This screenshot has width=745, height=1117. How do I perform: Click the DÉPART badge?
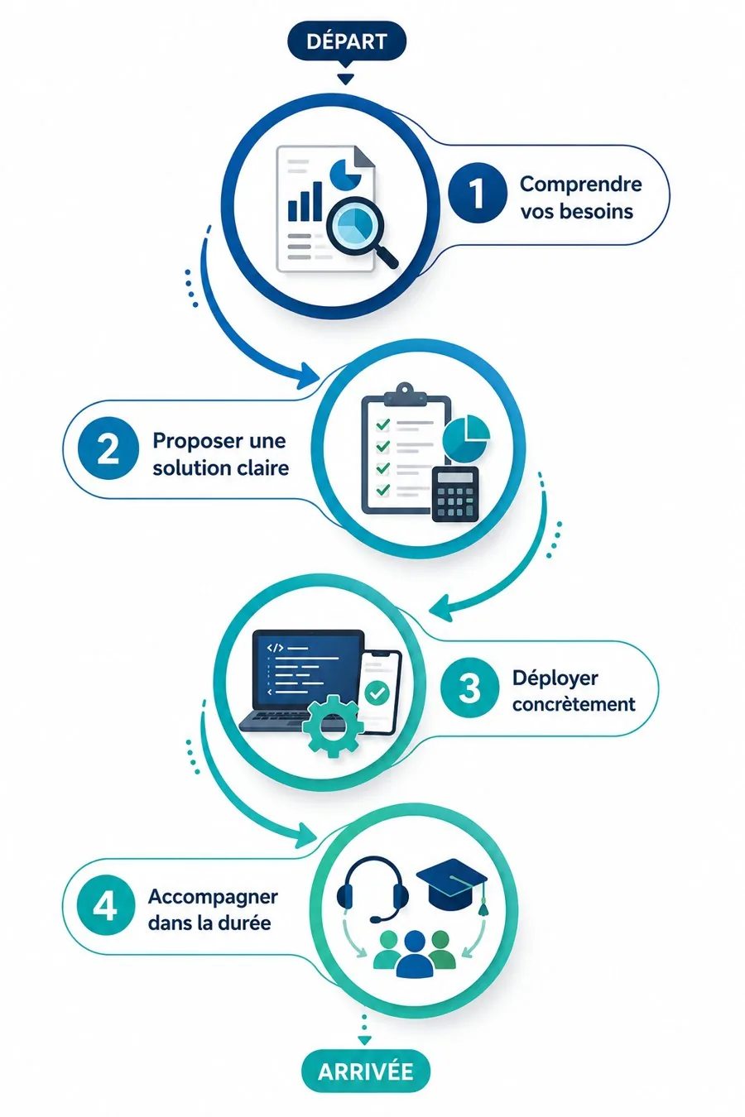347,41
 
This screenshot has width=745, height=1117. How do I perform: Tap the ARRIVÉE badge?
366,1071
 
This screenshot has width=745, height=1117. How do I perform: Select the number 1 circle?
477,193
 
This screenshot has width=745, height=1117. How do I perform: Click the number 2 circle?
108,448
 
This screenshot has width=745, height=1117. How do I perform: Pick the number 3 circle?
469,688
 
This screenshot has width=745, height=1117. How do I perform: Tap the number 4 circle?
105,906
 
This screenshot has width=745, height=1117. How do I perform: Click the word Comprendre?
581,185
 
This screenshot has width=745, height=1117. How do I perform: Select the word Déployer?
555,678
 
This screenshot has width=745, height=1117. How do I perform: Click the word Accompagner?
213,898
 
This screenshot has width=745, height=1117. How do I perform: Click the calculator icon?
455,494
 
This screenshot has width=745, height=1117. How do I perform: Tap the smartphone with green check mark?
381,692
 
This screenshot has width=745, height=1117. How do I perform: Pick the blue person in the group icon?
415,953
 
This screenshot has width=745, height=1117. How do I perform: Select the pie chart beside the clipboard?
466,438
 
